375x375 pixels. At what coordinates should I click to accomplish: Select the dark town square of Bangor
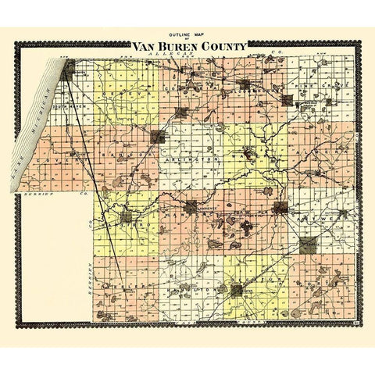[157, 137]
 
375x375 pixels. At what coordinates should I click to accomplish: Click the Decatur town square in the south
[237, 291]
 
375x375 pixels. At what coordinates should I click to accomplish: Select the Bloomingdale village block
[245, 84]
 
